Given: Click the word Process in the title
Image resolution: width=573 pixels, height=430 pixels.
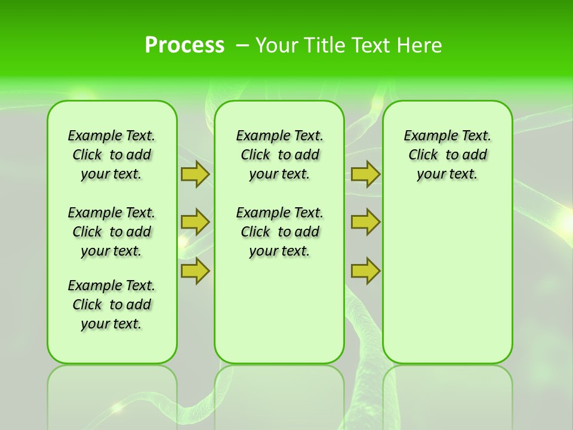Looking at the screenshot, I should click(x=184, y=45).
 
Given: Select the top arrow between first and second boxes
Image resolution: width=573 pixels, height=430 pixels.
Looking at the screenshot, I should click(x=195, y=174).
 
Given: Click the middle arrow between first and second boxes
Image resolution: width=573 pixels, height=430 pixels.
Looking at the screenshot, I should click(x=195, y=222).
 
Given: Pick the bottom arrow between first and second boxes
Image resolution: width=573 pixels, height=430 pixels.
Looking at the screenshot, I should click(x=195, y=271).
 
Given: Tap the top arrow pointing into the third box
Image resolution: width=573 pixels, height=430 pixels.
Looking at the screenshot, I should click(x=365, y=174).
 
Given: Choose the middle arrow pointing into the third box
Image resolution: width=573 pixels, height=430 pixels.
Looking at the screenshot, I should click(x=365, y=222).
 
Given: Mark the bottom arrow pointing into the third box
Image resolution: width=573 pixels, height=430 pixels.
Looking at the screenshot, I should click(x=365, y=271).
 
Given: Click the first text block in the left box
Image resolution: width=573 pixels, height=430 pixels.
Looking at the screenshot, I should click(x=112, y=155).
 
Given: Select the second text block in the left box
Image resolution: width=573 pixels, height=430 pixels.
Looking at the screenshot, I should click(x=112, y=232).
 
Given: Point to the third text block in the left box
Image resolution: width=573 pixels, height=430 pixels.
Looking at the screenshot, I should click(x=112, y=305).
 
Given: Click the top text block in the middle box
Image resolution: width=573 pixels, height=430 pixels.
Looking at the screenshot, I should click(x=279, y=155).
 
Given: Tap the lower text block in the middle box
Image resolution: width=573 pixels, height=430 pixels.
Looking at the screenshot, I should click(x=279, y=232).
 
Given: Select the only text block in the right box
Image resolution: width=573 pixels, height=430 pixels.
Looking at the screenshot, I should click(x=447, y=155).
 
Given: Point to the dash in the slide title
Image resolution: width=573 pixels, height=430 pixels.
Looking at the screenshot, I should click(x=242, y=45).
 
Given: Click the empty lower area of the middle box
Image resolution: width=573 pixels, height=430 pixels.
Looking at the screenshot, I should click(x=279, y=311).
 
